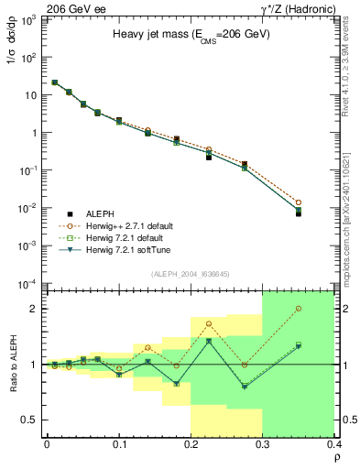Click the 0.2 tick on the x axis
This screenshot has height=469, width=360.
point(191,442)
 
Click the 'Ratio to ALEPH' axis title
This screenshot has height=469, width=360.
point(13,364)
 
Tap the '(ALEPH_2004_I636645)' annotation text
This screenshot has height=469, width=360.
point(189,274)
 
